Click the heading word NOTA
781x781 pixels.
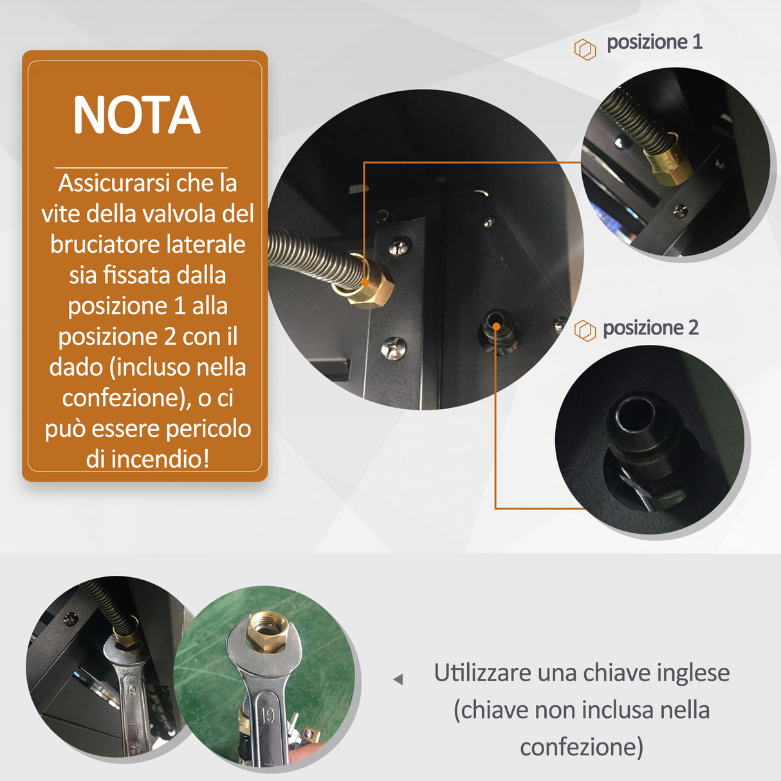click(x=136, y=116)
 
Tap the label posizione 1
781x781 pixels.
click(x=654, y=42)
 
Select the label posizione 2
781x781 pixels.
click(x=650, y=328)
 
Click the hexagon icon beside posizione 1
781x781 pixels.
click(x=585, y=50)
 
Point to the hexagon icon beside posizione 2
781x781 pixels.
click(x=585, y=331)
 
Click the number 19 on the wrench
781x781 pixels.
click(x=268, y=715)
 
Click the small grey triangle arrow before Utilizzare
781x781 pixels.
click(x=398, y=679)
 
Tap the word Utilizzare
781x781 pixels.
click(x=482, y=674)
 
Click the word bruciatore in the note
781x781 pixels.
click(x=105, y=245)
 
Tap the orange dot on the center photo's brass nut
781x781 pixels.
click(x=364, y=282)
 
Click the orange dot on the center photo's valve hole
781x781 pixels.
click(x=496, y=326)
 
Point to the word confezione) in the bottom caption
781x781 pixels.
click(x=582, y=748)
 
